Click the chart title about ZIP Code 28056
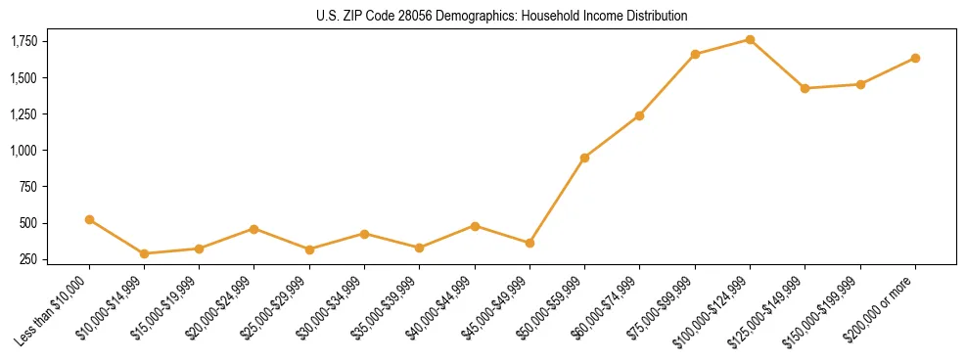point(502,16)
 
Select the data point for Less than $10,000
point(89,219)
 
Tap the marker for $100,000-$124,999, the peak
point(750,39)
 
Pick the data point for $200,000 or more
point(915,58)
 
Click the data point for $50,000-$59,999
point(584,158)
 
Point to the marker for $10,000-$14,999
point(145,253)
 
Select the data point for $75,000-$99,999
point(695,54)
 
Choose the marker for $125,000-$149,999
point(805,88)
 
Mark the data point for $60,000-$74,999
point(639,115)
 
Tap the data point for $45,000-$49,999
point(529,243)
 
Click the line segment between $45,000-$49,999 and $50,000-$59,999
point(557,201)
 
